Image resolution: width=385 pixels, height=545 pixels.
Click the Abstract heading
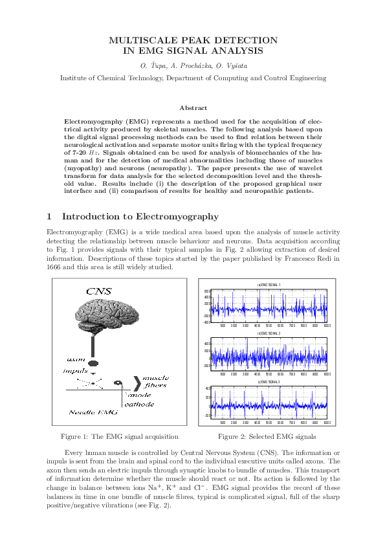(x=193, y=108)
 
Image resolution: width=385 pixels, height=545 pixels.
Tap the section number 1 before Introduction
(x=50, y=216)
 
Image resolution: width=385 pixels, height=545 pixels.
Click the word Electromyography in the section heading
(x=179, y=216)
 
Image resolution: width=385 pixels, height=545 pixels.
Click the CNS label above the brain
(x=98, y=291)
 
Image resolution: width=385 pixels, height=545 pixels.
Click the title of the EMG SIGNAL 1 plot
(x=269, y=285)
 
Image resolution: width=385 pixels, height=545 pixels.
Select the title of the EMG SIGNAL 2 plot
(x=269, y=333)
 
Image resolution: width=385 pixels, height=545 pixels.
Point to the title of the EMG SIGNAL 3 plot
(x=269, y=382)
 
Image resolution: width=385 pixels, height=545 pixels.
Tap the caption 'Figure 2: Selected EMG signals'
(x=267, y=436)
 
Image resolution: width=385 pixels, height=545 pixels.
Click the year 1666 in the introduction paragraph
(x=56, y=267)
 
